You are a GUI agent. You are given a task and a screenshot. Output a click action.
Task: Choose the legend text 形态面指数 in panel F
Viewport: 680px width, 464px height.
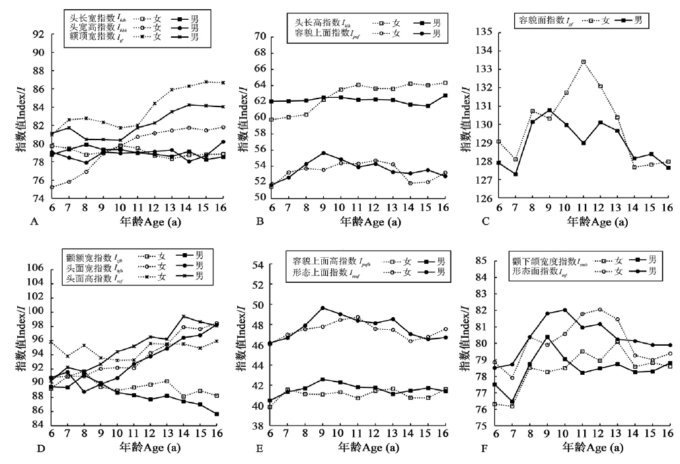[531, 270]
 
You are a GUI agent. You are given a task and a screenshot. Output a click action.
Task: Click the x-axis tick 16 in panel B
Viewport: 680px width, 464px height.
[444, 208]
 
